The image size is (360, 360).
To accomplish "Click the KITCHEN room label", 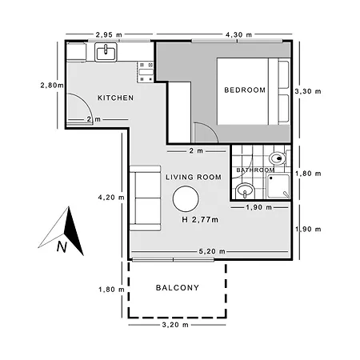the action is pos(115,98).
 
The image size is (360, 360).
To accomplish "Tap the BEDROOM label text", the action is pos(245,90).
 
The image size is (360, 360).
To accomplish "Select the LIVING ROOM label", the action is pos(194,177).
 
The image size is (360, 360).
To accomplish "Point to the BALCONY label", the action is pos(178,288).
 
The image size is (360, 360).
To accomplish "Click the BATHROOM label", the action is pos(255,170).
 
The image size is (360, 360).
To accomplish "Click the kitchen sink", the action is pos(106,52).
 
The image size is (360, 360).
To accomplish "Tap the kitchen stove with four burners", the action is pos(146,72).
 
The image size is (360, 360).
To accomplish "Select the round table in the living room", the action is pos(186,199).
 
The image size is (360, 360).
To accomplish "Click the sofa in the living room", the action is pos(145,198).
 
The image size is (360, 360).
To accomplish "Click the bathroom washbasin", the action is pos(245,190).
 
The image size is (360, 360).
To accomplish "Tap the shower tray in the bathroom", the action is pos(278,186).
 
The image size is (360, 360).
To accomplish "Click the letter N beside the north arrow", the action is pos(62,246).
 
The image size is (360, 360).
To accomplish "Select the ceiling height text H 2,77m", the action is pos(200,220).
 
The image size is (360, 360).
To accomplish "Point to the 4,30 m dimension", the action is pos(238,34).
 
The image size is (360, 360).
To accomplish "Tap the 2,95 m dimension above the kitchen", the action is pos(109,34).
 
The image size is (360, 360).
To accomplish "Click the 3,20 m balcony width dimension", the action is pos(175,325).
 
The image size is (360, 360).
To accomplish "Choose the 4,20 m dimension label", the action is pos(111,198).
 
